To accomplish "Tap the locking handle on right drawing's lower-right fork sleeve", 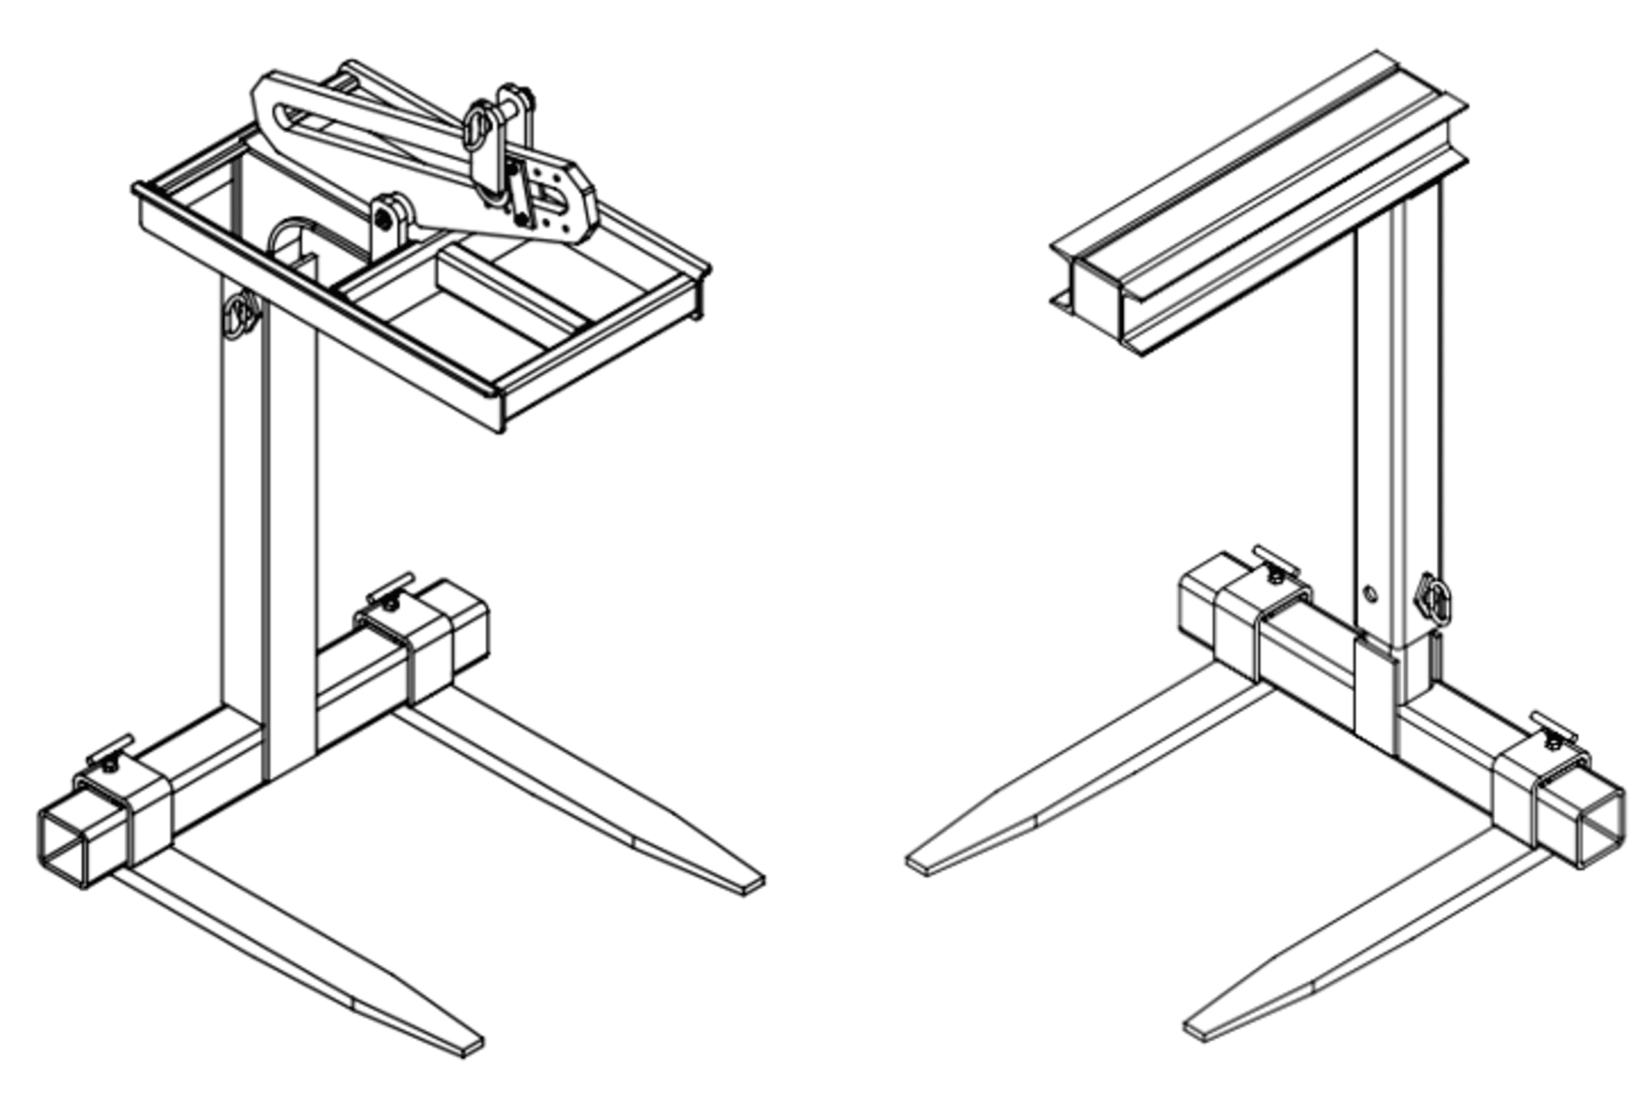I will point(1555,727).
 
